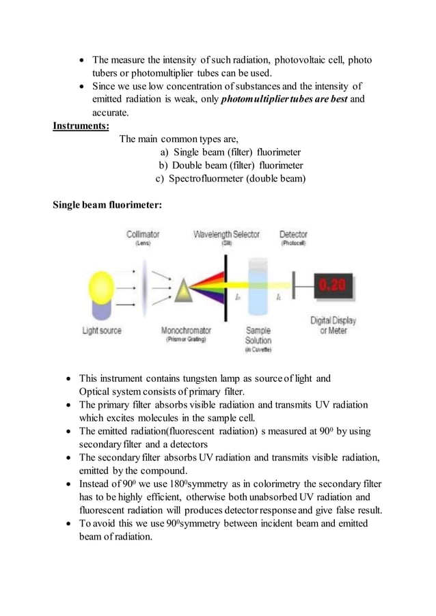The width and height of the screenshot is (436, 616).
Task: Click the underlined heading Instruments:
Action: [x=81, y=126]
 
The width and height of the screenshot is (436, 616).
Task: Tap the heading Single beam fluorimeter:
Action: [x=107, y=204]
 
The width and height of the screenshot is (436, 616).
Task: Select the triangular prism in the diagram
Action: [x=184, y=292]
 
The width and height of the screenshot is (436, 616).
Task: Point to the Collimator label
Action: [x=143, y=234]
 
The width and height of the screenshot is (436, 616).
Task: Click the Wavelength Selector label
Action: [x=226, y=234]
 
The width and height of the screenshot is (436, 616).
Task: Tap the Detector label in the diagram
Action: [x=293, y=234]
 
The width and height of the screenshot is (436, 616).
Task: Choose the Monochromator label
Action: [x=186, y=331]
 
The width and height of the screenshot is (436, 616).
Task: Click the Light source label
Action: [x=102, y=331]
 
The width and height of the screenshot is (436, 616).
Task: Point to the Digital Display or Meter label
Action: [x=333, y=325]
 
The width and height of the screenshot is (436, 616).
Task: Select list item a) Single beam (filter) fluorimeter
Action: [x=230, y=152]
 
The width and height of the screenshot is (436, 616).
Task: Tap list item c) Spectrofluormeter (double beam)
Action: [x=230, y=179]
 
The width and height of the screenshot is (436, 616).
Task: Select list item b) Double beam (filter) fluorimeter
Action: [x=231, y=165]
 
